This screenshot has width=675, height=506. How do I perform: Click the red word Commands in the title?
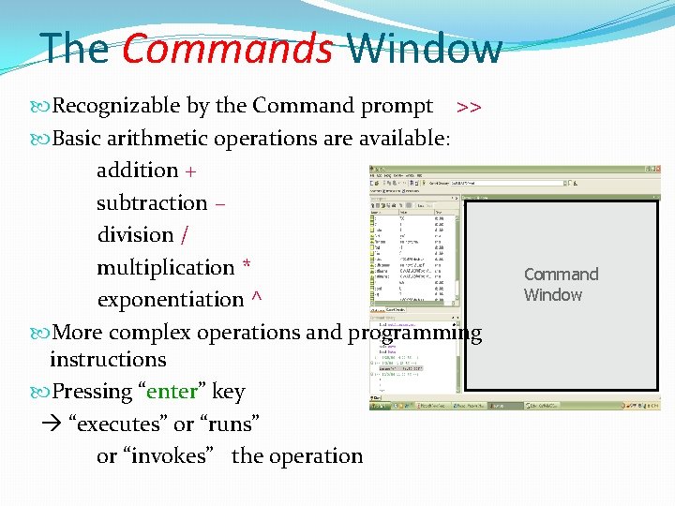point(227,49)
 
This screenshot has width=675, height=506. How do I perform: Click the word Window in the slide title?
point(424,49)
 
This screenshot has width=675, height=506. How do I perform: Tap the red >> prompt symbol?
point(469,107)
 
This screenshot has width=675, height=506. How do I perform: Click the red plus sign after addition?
point(191,171)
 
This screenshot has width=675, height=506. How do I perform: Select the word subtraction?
point(152,203)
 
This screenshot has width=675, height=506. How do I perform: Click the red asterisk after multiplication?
point(246,266)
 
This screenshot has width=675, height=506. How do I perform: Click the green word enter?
point(171,392)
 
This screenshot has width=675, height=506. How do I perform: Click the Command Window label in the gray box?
point(561,284)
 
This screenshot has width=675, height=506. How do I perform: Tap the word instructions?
point(108,360)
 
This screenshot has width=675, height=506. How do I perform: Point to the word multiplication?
point(165,268)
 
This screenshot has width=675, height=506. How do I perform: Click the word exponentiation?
point(170,300)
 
